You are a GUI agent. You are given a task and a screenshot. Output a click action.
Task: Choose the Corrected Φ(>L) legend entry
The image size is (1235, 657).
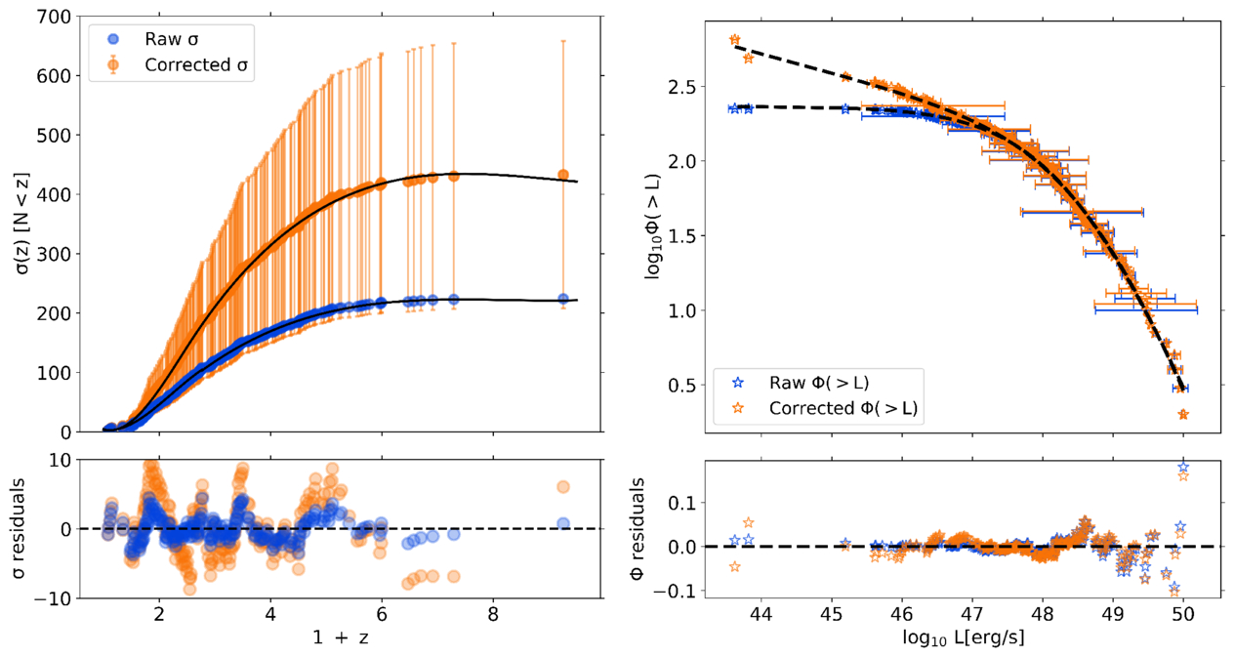831,407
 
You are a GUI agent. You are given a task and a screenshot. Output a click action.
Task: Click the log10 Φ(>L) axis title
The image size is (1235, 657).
652,225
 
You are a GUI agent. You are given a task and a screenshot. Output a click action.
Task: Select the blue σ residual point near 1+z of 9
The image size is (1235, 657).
563,523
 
